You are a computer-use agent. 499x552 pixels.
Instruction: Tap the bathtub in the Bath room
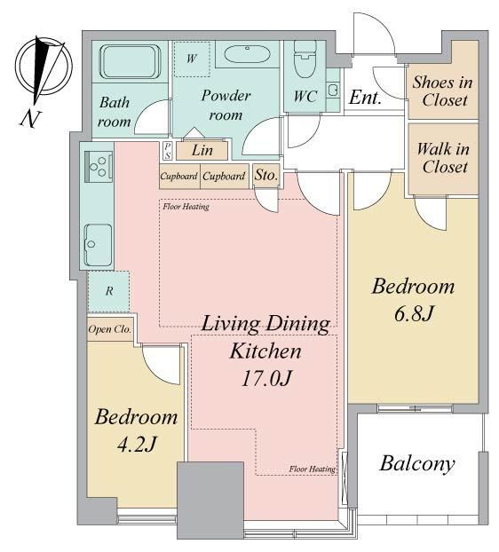130,62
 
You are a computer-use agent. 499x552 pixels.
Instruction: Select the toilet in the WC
305,59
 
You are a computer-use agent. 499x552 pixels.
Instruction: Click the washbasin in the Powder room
248,54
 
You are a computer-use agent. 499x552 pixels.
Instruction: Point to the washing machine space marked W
193,59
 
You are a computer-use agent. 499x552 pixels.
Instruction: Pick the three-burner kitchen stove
99,166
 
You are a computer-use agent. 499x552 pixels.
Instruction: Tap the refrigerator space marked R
109,291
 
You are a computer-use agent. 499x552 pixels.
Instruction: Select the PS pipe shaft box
168,151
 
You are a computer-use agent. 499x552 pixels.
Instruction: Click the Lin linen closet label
202,151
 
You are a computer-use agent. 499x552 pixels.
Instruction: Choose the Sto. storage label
266,175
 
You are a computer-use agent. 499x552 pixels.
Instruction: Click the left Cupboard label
178,176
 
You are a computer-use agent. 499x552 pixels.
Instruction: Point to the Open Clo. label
110,329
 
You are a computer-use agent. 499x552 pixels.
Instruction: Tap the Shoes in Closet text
443,91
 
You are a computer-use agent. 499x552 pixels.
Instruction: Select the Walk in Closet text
443,158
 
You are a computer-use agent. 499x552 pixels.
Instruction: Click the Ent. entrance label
366,97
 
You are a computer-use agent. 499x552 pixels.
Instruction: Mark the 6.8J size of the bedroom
413,313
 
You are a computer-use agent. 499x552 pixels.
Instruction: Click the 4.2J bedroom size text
136,445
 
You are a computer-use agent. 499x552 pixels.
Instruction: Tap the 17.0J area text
266,379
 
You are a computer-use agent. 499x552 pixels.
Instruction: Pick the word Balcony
417,464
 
